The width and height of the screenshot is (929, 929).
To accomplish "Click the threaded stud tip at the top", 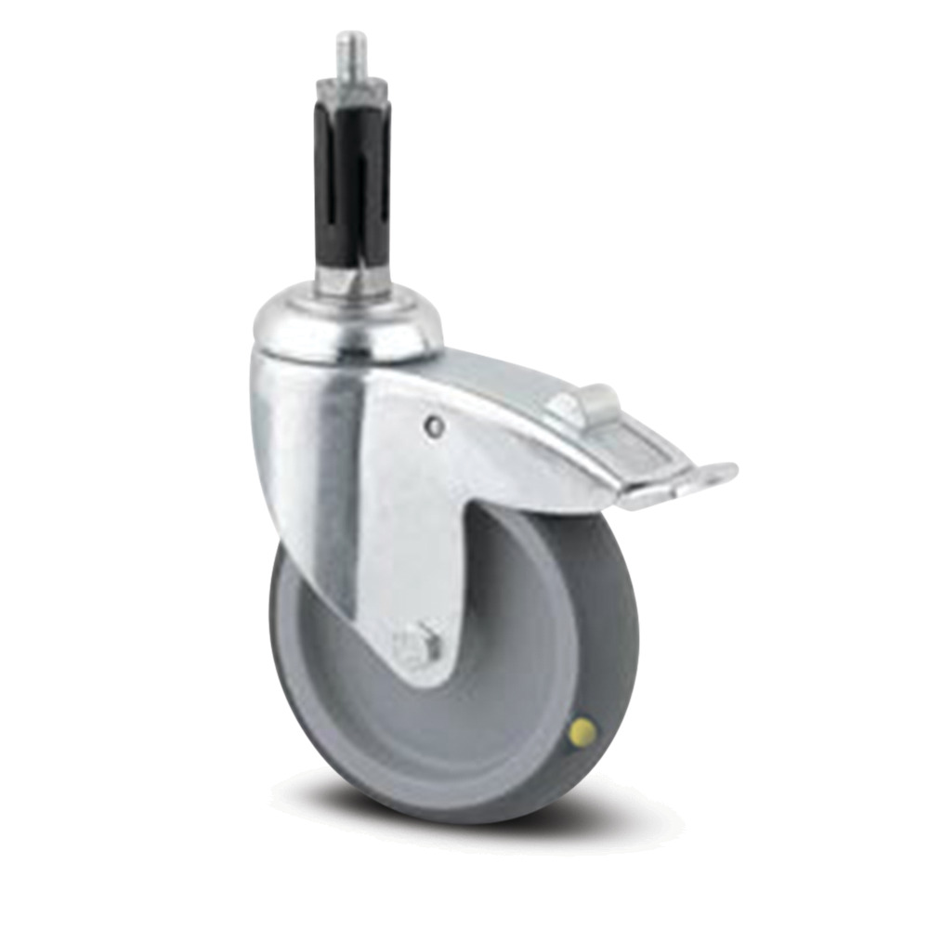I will click(350, 46).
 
